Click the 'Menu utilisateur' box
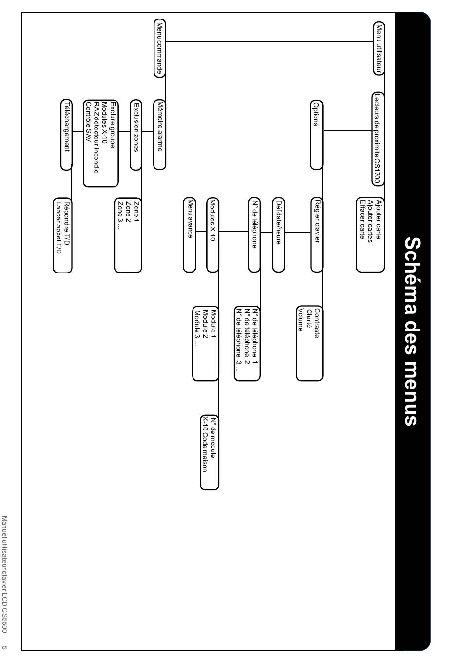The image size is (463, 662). (379, 48)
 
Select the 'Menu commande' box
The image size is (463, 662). (159, 48)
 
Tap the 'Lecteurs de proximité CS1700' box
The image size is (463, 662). (378, 138)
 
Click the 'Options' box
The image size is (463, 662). (316, 135)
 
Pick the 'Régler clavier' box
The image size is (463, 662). (317, 234)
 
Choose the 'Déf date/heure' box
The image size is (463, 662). (278, 234)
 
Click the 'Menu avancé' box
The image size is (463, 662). (190, 234)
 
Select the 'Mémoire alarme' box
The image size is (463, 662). (159, 135)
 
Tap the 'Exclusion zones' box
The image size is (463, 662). (136, 135)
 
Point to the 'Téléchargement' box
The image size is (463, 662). (66, 135)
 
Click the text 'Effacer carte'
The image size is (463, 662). (362, 219)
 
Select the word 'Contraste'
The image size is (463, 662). (317, 323)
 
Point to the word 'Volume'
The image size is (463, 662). (301, 319)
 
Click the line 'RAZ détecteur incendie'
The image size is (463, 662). (96, 137)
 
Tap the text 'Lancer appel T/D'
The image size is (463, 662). (59, 228)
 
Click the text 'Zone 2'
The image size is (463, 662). (128, 211)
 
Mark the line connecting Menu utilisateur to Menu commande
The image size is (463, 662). (269, 42)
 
